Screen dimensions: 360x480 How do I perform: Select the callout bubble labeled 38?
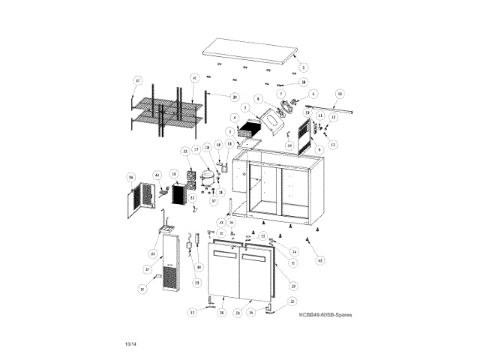point(303,82)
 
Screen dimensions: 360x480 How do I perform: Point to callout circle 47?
point(138,80)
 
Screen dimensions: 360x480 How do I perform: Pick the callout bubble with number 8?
point(257,98)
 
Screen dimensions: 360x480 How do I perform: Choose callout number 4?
point(235,118)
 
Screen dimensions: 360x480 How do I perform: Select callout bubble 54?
point(289,145)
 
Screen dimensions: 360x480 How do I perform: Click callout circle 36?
point(130,178)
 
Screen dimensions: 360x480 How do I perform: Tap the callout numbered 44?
point(157,175)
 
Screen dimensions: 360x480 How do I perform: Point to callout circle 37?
point(148,268)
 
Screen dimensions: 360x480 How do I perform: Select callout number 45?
point(321,260)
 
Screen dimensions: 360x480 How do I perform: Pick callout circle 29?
point(293,286)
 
